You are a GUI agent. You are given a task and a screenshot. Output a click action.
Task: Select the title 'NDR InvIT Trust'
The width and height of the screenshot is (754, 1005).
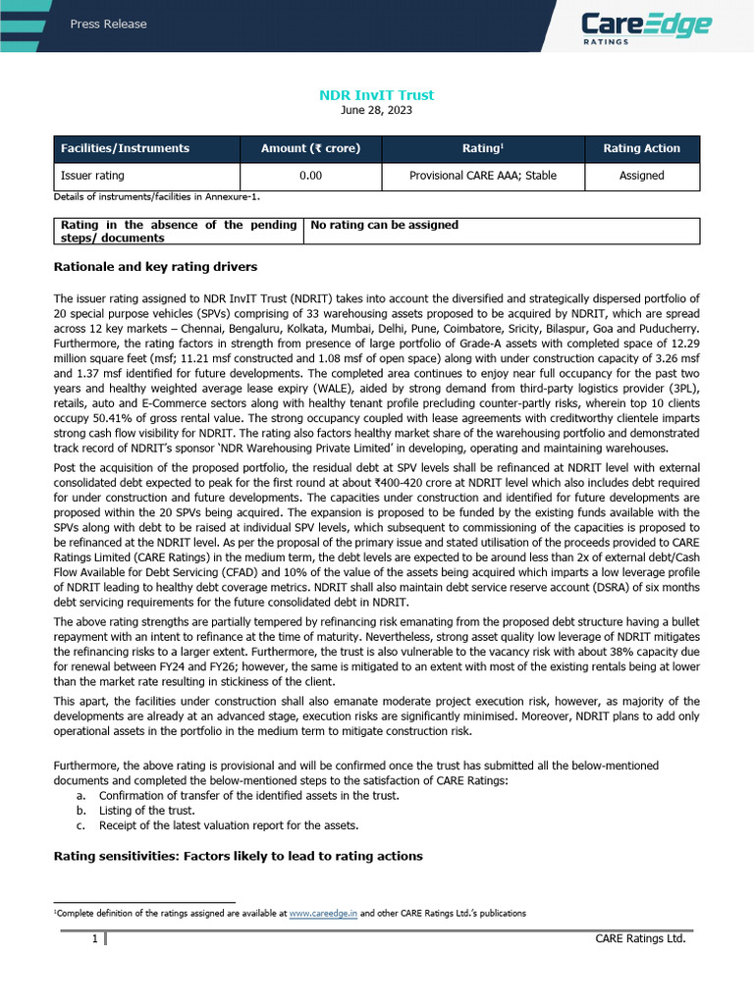click(377, 95)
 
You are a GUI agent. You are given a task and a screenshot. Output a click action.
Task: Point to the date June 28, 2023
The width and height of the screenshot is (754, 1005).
click(377, 111)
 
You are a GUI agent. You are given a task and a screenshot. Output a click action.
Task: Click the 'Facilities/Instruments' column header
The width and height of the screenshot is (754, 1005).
click(125, 148)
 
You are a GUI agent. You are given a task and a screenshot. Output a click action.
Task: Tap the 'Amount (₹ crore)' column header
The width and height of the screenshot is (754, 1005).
click(310, 148)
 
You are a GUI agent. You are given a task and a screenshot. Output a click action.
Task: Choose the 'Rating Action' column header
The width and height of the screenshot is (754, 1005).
click(641, 148)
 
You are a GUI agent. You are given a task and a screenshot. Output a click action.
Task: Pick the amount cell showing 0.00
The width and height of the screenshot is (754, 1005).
click(310, 176)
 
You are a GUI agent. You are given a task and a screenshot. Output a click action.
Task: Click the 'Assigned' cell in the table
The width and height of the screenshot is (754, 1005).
click(641, 176)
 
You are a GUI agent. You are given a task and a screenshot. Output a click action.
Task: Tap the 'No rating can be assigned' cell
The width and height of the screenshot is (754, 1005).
click(384, 225)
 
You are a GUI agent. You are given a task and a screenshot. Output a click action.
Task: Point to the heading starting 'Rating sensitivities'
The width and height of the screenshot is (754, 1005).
click(238, 856)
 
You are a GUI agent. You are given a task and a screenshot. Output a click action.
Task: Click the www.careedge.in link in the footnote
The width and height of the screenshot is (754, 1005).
click(323, 913)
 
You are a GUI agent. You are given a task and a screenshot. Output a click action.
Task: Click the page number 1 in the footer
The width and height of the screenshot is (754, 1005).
click(94, 939)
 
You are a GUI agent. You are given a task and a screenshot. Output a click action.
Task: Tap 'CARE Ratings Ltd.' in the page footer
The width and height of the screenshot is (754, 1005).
click(640, 939)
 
